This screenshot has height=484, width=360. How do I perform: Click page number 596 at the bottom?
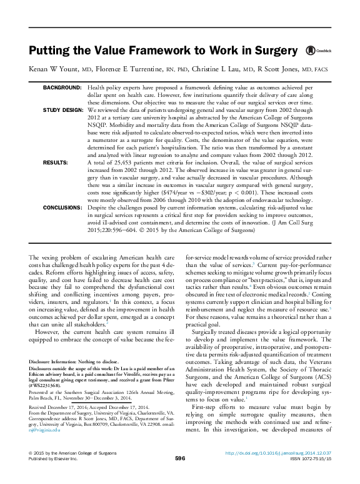[180, 476]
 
